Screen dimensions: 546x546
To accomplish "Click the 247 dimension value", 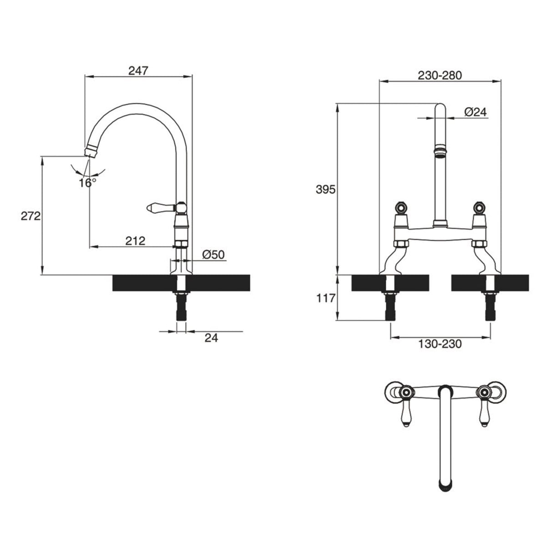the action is [x=138, y=71].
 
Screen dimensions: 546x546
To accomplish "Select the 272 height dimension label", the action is [x=30, y=216].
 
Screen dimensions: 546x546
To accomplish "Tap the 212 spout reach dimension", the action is [x=135, y=241].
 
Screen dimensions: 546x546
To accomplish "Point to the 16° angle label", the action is [x=87, y=183].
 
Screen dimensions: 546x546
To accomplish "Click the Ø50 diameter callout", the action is [x=213, y=255].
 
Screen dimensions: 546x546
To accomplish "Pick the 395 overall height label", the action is [x=326, y=190].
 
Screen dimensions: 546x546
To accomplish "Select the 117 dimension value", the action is [x=326, y=298].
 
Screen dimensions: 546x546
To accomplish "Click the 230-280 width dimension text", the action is [x=440, y=75].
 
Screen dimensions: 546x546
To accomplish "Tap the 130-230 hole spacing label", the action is [x=440, y=344].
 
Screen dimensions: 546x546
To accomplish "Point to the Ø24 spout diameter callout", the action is [x=475, y=112].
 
